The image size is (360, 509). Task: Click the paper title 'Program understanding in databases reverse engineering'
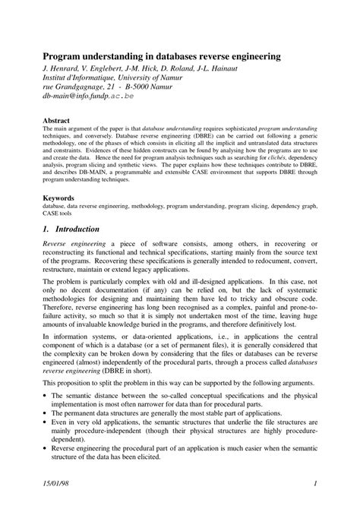161,56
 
